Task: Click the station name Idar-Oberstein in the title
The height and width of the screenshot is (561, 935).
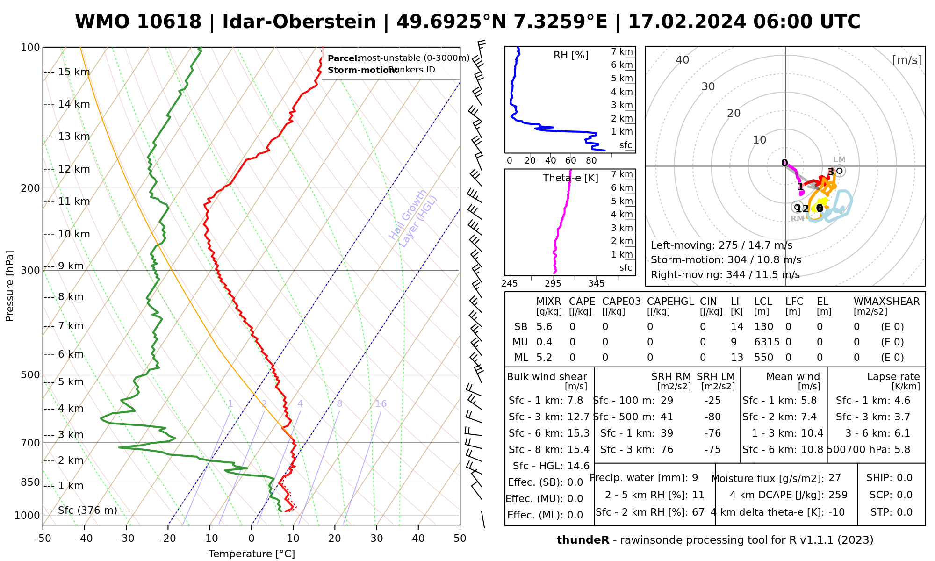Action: point(299,22)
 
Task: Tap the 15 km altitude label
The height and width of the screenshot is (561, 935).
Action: point(74,72)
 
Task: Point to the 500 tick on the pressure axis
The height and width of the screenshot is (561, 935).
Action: point(31,374)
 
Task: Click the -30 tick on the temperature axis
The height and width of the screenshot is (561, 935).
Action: point(126,539)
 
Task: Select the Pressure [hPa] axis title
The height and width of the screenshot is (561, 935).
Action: point(10,286)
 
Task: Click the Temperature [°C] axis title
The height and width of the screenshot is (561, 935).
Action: point(252,554)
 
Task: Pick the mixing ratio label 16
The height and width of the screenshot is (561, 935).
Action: point(381,404)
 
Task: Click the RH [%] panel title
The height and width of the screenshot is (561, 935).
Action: point(571,55)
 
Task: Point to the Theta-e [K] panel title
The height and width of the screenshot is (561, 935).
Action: point(570,178)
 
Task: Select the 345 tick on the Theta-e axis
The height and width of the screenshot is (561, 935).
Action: point(596,284)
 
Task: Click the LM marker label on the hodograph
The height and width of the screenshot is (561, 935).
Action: point(839,160)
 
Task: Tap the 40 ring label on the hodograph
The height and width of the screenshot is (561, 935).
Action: point(683,60)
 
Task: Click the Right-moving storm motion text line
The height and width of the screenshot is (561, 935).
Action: point(725,275)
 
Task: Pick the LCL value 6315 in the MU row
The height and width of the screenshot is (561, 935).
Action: point(767,342)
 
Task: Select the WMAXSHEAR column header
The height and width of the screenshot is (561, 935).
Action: point(886,302)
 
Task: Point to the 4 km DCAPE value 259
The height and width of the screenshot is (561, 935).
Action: point(838,495)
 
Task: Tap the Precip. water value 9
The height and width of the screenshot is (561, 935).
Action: point(695,478)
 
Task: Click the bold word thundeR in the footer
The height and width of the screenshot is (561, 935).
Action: point(583,540)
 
